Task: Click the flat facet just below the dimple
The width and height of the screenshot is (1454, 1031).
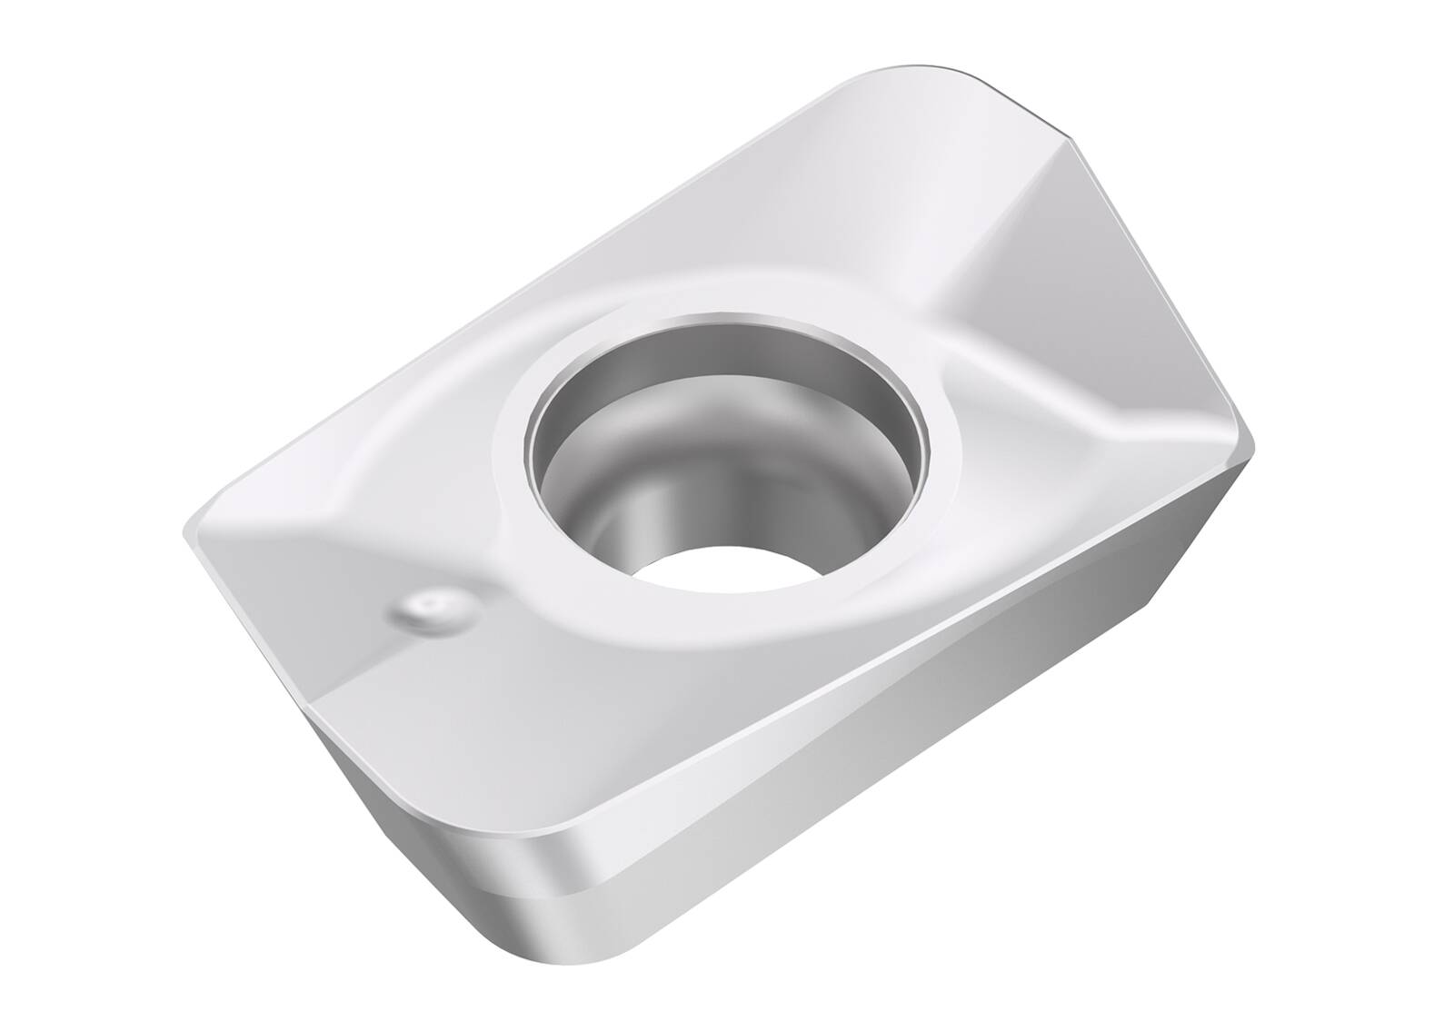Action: (x=382, y=690)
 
